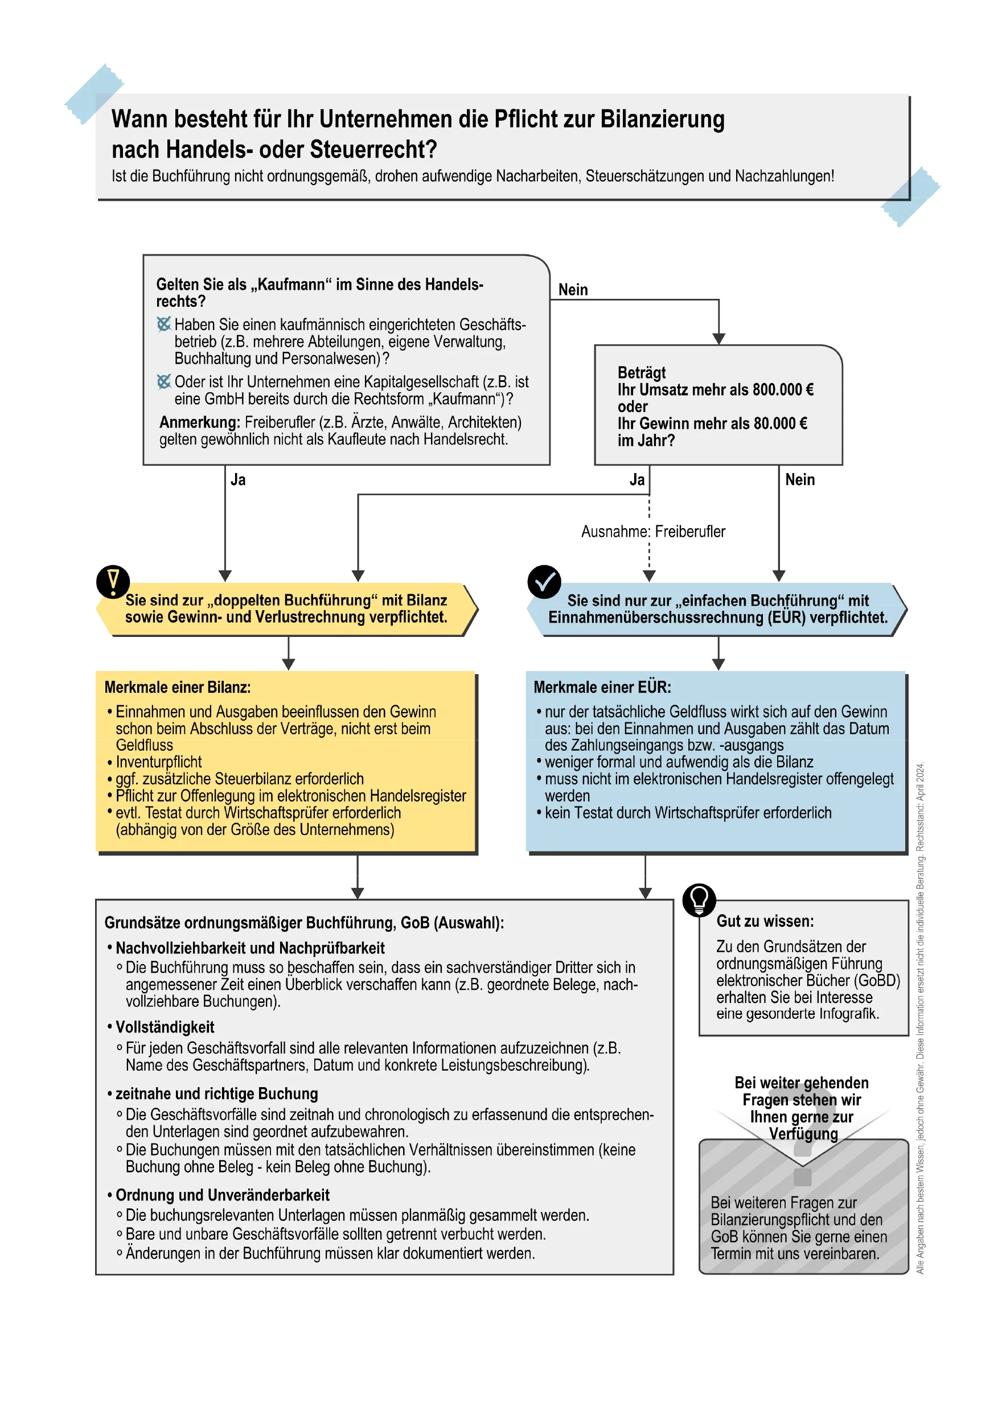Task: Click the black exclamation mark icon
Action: click(113, 582)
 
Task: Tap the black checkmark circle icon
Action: click(544, 582)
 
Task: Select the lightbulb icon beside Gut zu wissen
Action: click(699, 899)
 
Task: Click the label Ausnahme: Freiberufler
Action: click(652, 532)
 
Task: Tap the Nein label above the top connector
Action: click(573, 290)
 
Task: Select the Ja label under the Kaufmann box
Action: click(238, 480)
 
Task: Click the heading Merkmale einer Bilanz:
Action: click(177, 688)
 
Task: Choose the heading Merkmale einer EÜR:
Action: click(602, 688)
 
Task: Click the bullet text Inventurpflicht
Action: click(159, 762)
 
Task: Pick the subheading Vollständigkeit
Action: click(165, 1027)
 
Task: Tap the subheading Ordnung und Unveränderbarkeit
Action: click(222, 1195)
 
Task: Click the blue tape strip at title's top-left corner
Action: click(94, 93)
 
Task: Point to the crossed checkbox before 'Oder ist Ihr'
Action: click(163, 382)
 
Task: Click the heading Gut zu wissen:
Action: click(765, 921)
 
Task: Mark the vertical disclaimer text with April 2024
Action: click(920, 1017)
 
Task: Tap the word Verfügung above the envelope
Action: click(803, 1134)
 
